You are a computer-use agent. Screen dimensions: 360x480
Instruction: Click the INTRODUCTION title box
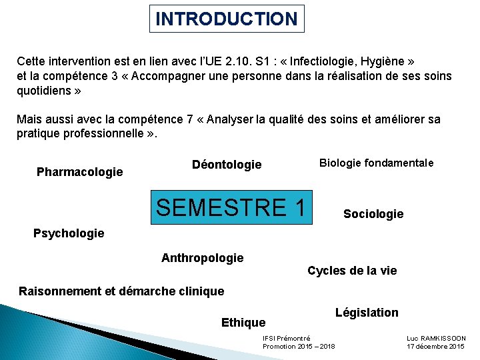point(226,19)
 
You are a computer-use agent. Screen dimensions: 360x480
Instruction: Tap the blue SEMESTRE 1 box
point(231,207)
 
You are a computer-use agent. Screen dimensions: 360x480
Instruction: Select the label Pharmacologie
point(79,172)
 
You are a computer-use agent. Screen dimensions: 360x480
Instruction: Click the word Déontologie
point(227,165)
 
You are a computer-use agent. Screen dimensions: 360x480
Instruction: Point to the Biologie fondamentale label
point(377,163)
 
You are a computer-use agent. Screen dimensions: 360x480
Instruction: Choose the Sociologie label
point(373,214)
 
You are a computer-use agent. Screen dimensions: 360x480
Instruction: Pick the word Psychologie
point(69,233)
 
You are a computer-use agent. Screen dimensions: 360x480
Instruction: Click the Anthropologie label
point(203,258)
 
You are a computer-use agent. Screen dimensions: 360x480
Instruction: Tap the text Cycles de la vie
point(352,271)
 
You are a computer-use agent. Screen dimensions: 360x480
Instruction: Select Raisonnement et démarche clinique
point(121,291)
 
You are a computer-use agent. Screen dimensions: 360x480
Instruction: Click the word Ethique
point(243,323)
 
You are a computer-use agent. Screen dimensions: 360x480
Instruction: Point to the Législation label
point(367,313)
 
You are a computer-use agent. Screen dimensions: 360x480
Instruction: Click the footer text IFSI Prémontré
point(287,339)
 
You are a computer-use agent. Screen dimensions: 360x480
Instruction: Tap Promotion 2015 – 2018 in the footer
point(299,347)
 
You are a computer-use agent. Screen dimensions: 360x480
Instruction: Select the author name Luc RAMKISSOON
point(436,339)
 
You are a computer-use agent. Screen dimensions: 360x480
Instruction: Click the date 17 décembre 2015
point(436,347)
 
